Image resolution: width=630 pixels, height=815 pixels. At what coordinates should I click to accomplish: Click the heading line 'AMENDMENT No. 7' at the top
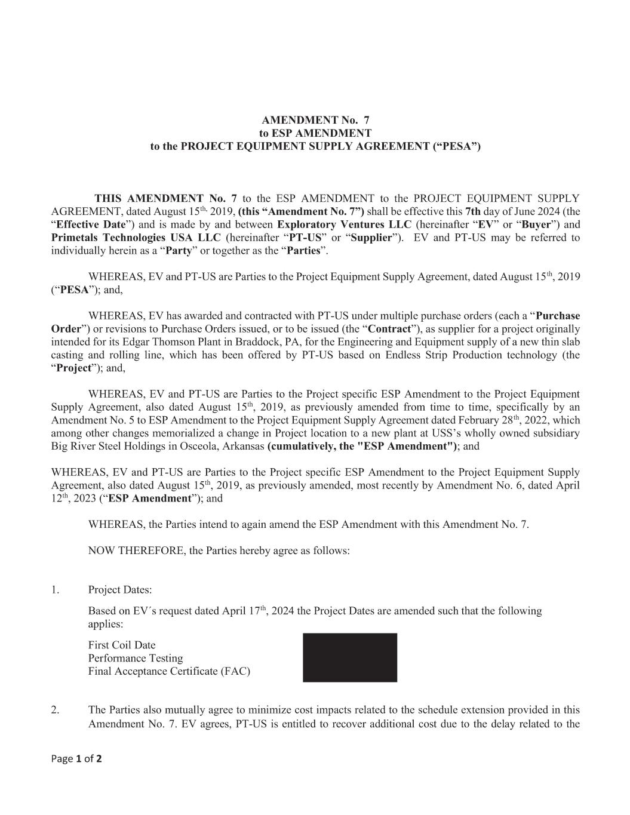click(315, 120)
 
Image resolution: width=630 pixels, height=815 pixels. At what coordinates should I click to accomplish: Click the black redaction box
click(349, 657)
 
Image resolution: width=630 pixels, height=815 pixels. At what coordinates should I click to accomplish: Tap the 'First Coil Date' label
click(122, 645)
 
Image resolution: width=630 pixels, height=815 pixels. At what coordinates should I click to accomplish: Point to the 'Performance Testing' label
click(136, 658)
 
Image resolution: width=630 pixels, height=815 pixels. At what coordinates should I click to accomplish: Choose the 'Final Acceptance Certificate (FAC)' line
click(169, 671)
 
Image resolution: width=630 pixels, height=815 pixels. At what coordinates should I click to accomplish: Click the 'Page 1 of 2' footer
click(76, 759)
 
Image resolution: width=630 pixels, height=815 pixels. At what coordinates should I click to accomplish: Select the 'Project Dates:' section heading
click(120, 590)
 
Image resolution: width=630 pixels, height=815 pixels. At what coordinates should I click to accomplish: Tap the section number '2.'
click(55, 710)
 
